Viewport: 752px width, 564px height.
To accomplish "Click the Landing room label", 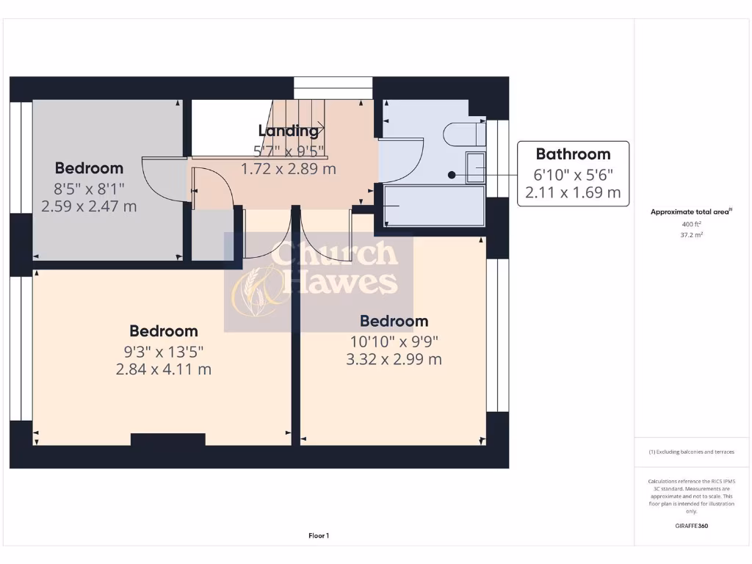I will pyautogui.click(x=289, y=131).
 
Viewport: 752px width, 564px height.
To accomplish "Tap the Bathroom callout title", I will pyautogui.click(x=573, y=154).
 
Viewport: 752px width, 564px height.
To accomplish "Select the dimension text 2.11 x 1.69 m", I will pyautogui.click(x=573, y=193).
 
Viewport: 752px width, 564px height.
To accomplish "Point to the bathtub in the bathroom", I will pyautogui.click(x=434, y=205).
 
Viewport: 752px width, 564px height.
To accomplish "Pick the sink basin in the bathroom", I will pyautogui.click(x=475, y=169).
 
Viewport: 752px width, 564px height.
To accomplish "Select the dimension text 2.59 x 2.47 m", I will pyautogui.click(x=89, y=206).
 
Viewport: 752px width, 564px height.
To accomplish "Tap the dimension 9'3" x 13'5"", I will pyautogui.click(x=163, y=352).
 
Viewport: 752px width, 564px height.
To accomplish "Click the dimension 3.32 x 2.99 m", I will pyautogui.click(x=394, y=359).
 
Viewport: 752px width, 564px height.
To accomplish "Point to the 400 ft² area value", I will pyautogui.click(x=692, y=224).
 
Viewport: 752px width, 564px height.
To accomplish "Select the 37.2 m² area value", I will pyautogui.click(x=692, y=236).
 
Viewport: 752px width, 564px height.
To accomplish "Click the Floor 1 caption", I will pyautogui.click(x=319, y=536).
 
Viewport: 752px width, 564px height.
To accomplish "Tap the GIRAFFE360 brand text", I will pyautogui.click(x=692, y=526).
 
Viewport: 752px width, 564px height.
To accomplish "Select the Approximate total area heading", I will pyautogui.click(x=691, y=211).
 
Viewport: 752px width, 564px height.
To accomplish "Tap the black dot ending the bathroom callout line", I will pyautogui.click(x=452, y=175).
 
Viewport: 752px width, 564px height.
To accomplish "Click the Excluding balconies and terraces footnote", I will pyautogui.click(x=691, y=452).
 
